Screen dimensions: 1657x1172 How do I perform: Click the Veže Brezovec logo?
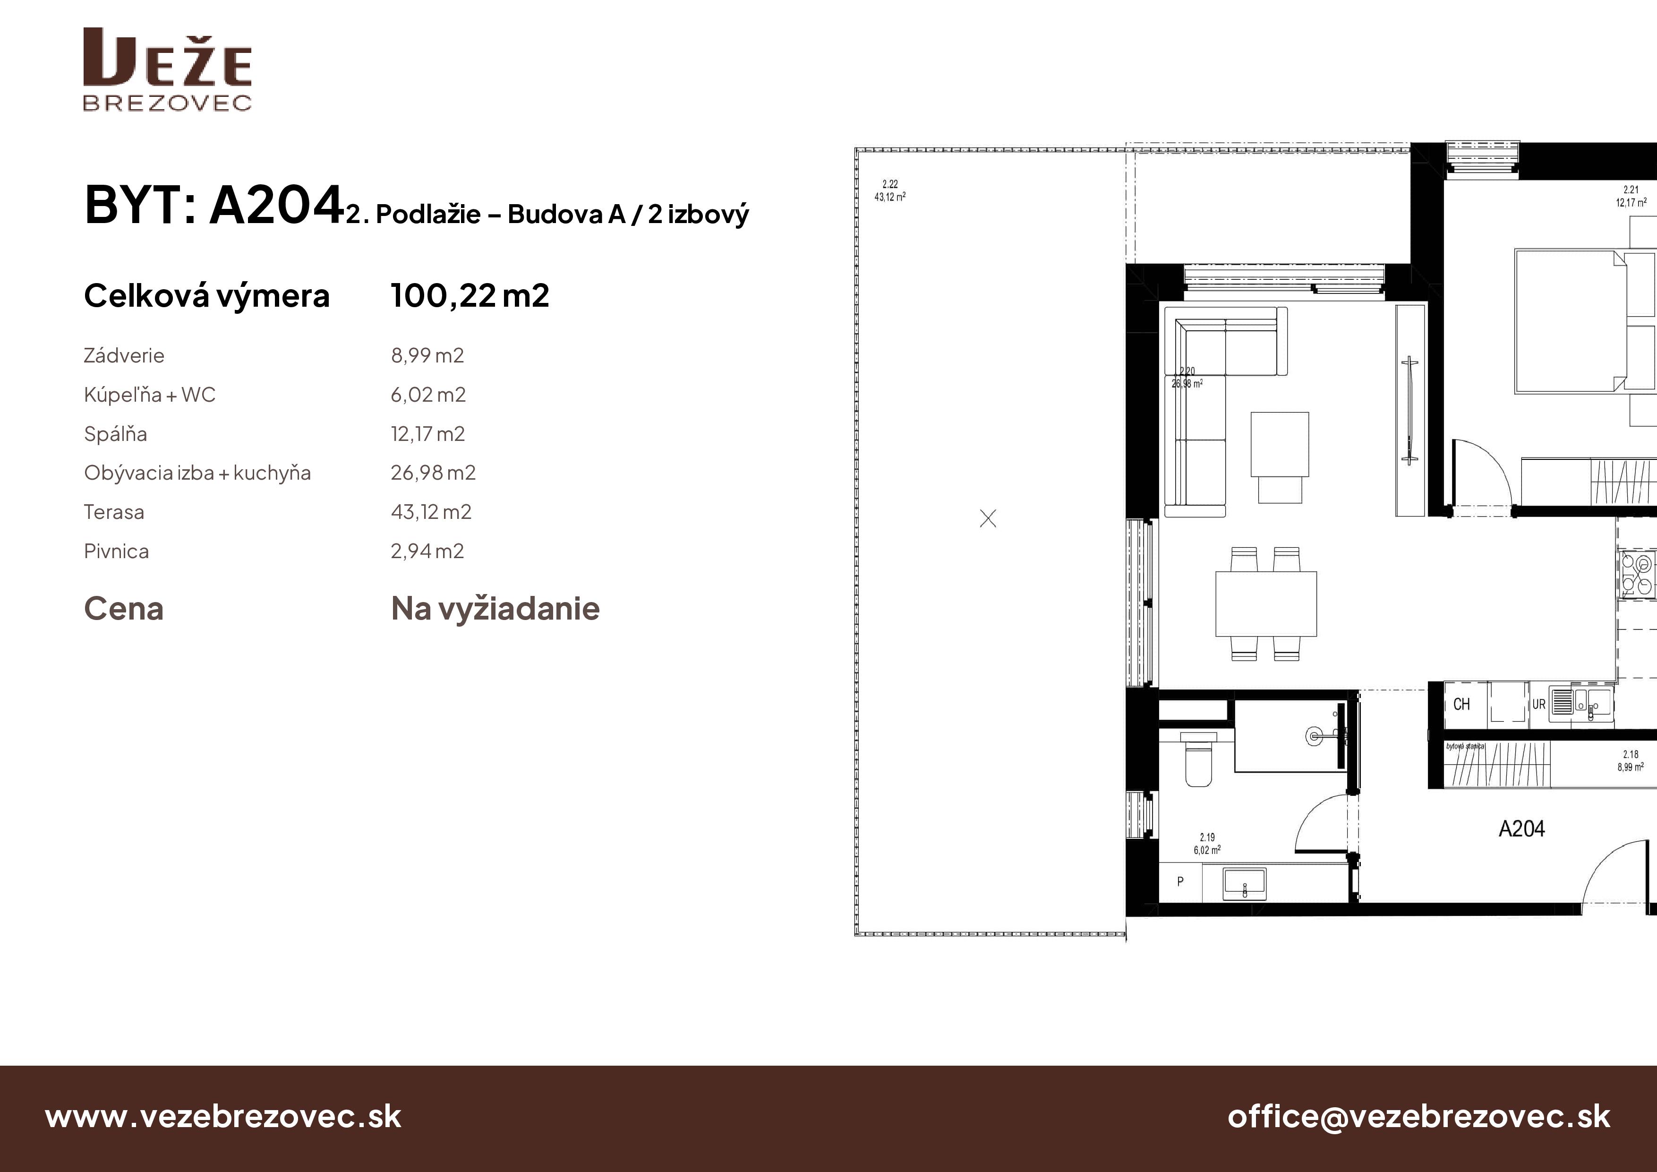pyautogui.click(x=167, y=69)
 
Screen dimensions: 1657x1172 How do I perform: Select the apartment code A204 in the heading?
pyautogui.click(x=276, y=205)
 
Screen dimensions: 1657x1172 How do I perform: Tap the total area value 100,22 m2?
pyautogui.click(x=470, y=295)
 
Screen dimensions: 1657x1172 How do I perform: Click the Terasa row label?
pyautogui.click(x=114, y=512)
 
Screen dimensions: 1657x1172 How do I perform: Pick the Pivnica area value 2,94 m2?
pyautogui.click(x=427, y=551)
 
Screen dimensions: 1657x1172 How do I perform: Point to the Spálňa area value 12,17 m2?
pyautogui.click(x=428, y=434)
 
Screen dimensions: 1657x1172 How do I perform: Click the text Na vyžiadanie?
pyautogui.click(x=495, y=609)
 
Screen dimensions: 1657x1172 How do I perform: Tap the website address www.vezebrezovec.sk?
pyautogui.click(x=223, y=1116)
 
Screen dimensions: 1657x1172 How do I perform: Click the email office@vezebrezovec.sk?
pyautogui.click(x=1419, y=1116)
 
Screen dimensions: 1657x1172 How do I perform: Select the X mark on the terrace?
pyautogui.click(x=988, y=518)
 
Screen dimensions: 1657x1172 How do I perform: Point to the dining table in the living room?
pyautogui.click(x=1266, y=603)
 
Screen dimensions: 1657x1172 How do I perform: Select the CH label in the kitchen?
pyautogui.click(x=1461, y=704)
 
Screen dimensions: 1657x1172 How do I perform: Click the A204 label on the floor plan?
pyautogui.click(x=1521, y=828)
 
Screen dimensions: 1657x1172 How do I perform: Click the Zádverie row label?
pyautogui.click(x=124, y=355)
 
